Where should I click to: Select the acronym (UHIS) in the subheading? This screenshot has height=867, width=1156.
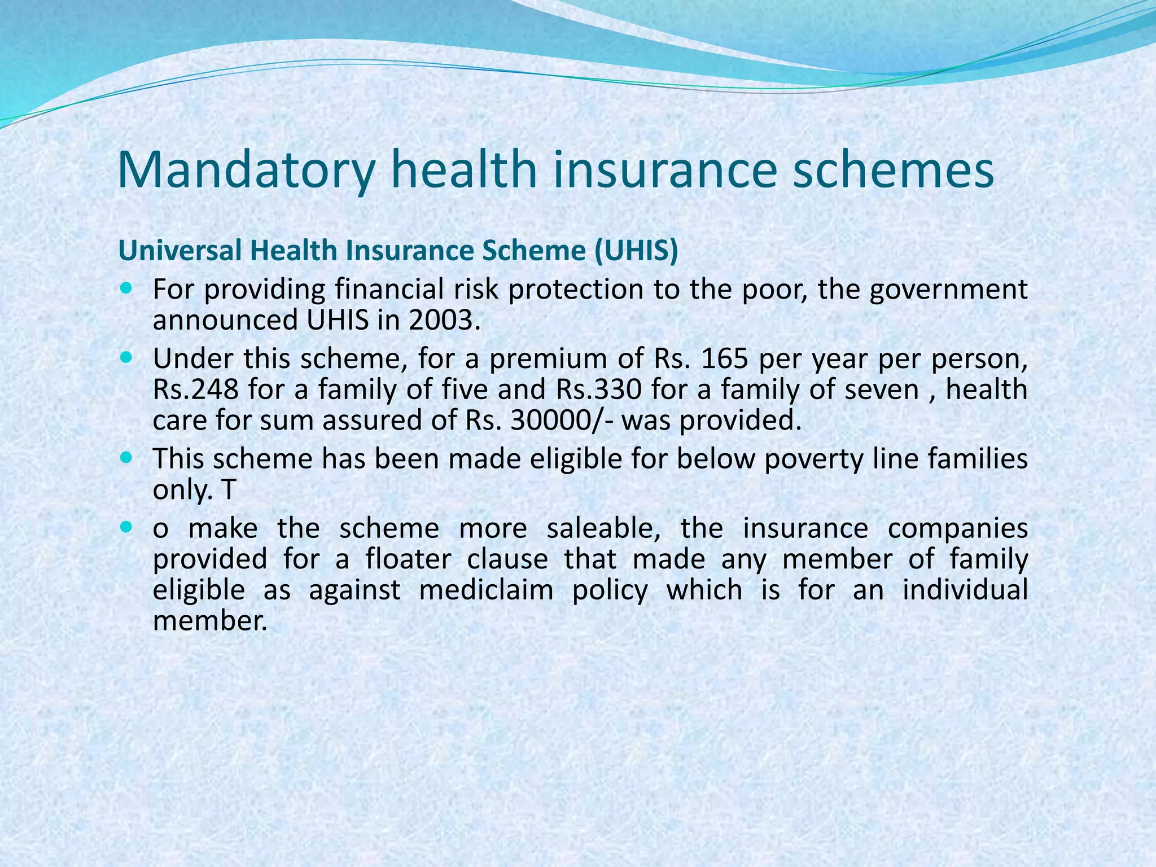[x=635, y=251]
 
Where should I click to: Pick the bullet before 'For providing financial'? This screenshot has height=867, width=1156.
[x=126, y=288]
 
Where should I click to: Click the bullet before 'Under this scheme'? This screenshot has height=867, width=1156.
[x=126, y=358]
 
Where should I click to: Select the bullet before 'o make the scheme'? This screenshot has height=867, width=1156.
[x=126, y=528]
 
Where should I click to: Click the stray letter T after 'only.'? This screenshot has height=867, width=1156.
[x=227, y=490]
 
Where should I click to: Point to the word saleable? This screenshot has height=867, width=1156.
[x=603, y=529]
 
